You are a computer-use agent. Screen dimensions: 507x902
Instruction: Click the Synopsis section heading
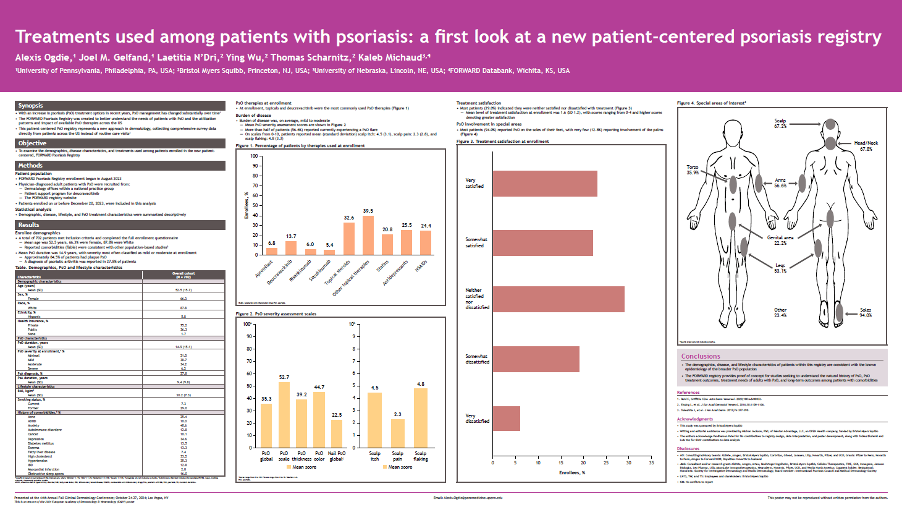coord(31,106)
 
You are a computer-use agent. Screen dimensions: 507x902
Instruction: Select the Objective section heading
coord(32,143)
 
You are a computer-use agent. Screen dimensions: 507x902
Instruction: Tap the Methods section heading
coord(30,166)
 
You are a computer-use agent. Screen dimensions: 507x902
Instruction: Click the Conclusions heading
coord(701,356)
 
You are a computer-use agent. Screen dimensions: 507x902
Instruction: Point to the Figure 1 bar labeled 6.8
coord(272,251)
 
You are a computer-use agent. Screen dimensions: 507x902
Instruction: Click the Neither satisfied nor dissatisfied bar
coord(558,299)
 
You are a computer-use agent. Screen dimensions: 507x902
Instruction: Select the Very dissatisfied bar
coord(506,418)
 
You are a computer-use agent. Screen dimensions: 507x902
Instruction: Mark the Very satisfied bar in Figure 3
coord(545,184)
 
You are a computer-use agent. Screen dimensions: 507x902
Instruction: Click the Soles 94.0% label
coord(866,313)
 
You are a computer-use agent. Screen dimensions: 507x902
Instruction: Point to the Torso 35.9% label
coord(693,170)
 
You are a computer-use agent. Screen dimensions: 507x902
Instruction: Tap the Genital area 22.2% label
coord(780,240)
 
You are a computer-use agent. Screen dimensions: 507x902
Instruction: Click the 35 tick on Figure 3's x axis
coord(651,462)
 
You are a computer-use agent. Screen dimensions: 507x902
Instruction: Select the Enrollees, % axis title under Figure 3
coord(571,473)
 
